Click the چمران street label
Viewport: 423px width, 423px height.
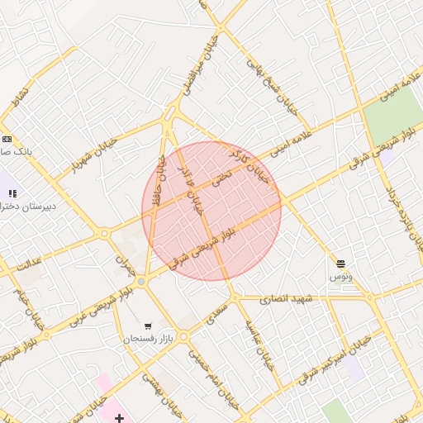click(125, 264)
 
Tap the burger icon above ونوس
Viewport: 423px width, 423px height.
click(341, 264)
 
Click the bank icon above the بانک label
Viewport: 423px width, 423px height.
click(7, 139)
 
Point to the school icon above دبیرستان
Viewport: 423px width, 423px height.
click(12, 193)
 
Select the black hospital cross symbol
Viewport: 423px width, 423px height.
click(120, 418)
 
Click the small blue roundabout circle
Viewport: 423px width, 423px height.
click(141, 283)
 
